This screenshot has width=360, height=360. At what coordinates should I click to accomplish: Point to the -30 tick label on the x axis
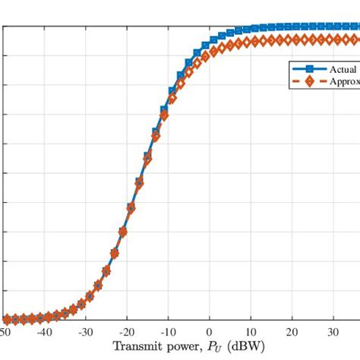point(85,332)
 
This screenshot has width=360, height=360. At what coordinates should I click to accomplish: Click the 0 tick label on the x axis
point(210,332)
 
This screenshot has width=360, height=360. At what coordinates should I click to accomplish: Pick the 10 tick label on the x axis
point(251,332)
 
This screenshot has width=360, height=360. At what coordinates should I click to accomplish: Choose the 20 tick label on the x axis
point(292,332)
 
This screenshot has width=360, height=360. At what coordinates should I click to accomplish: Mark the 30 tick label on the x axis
point(333,332)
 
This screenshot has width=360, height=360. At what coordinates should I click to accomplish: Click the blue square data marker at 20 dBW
point(292,27)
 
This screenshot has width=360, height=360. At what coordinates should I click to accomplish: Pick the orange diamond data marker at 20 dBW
point(292,39)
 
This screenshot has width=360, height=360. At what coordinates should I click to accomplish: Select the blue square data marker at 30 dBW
point(333,27)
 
